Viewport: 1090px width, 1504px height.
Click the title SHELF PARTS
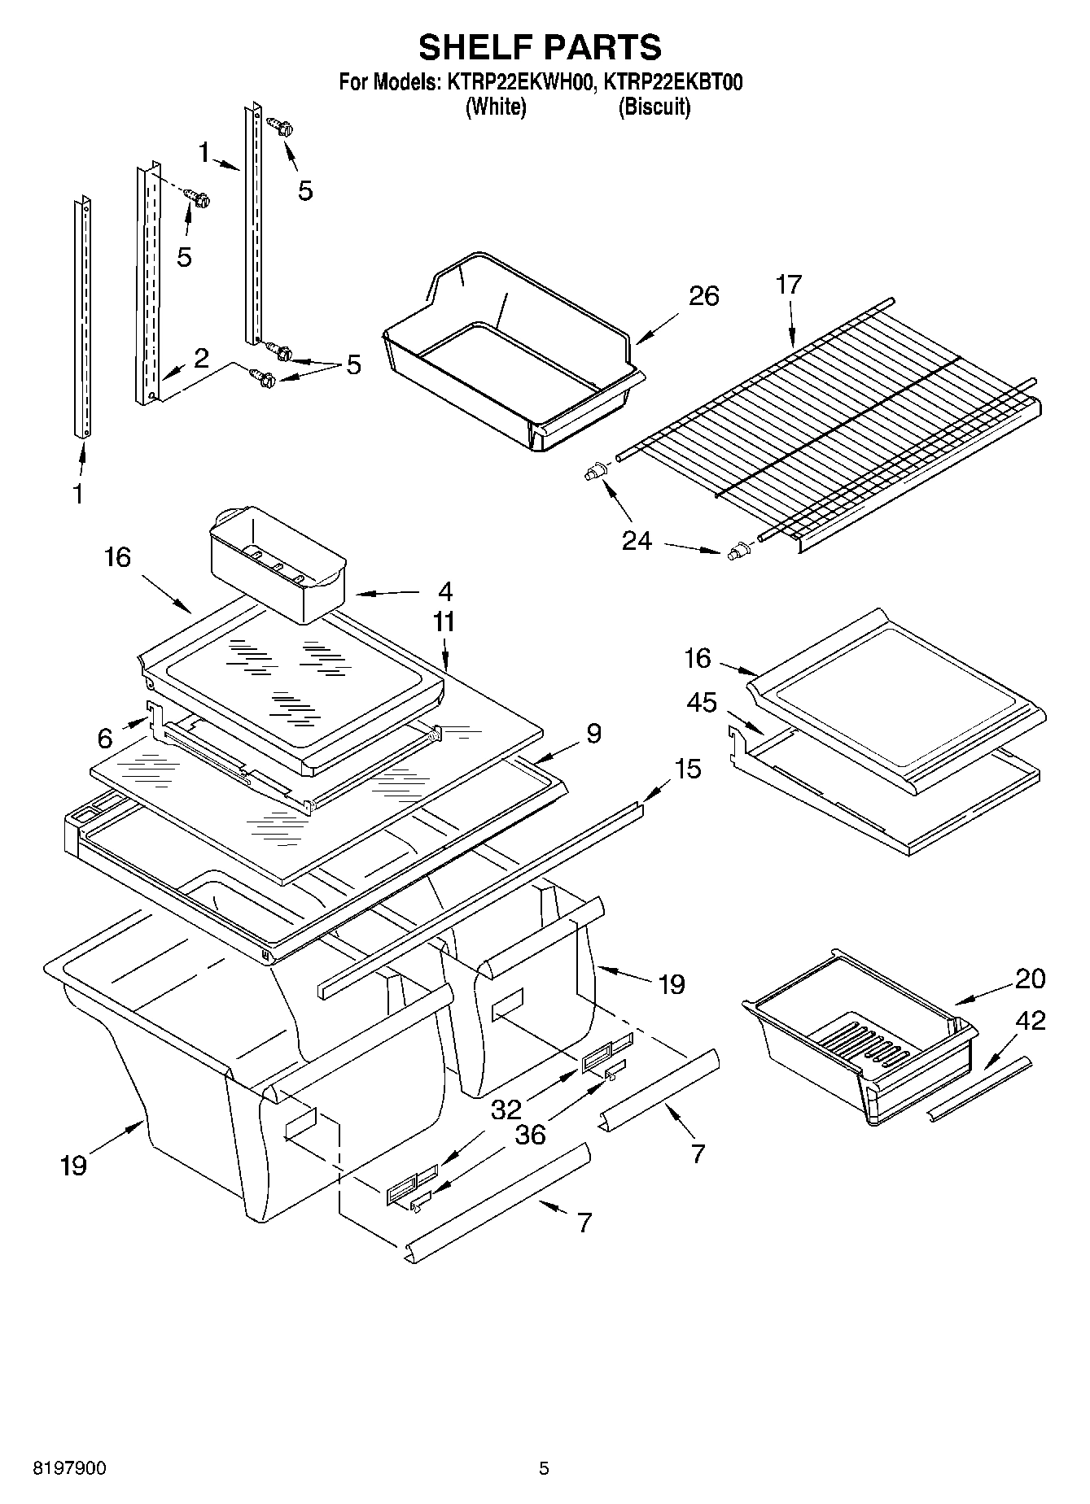[540, 47]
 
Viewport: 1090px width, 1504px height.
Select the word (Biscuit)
[654, 107]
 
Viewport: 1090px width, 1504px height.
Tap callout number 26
[703, 296]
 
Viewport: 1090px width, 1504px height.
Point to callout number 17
[788, 285]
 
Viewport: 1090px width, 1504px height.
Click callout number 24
[637, 540]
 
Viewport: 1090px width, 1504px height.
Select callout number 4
[444, 591]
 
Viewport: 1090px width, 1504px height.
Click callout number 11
[444, 621]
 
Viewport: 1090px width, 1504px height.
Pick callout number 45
[701, 702]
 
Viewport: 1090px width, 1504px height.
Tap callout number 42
[1030, 1021]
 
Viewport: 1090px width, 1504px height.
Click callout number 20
[1030, 978]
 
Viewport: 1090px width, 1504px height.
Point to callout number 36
[530, 1134]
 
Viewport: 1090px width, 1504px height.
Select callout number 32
[506, 1109]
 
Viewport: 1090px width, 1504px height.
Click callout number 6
[105, 738]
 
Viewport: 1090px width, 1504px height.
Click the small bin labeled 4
[277, 561]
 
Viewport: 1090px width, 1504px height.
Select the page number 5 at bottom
[544, 1468]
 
